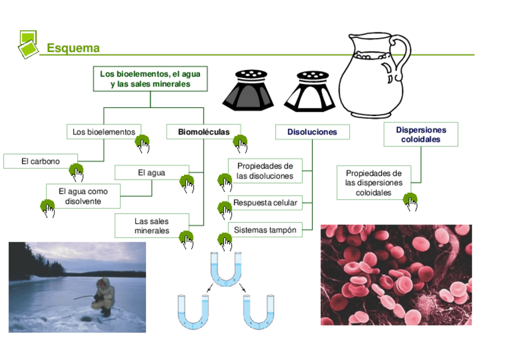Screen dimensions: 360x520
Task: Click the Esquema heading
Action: pos(73,48)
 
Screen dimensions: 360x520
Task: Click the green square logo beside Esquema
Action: pos(27,43)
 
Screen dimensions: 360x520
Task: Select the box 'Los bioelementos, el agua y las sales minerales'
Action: pos(150,79)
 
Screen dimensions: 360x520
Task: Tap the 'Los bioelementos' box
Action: pos(103,132)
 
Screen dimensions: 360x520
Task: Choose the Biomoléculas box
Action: pos(203,132)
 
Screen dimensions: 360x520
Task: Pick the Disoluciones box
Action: pos(312,132)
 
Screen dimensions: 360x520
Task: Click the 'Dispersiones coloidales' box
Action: pos(421,135)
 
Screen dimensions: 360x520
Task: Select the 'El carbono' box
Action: pos(40,161)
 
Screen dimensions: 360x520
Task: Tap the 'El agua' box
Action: pos(151,173)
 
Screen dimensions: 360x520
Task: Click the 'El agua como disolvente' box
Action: pos(83,196)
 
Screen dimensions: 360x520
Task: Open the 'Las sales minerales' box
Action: pos(151,226)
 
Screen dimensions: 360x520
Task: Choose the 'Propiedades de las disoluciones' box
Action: pos(265,171)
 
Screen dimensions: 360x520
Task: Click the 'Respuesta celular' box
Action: pos(265,203)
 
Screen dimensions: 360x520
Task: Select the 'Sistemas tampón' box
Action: pos(265,231)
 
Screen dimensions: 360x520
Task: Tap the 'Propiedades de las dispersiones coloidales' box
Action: pos(373,183)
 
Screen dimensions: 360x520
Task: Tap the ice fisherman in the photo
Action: pos(102,295)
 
